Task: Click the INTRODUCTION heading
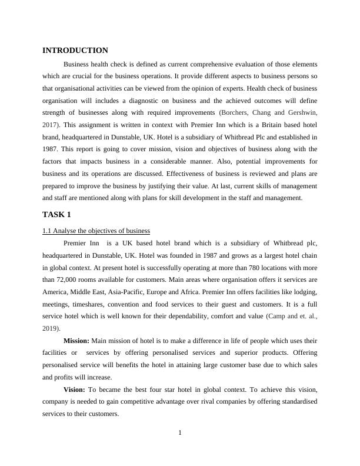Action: [75, 51]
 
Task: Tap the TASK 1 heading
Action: [56, 214]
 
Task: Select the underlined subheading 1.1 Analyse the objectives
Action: [96, 230]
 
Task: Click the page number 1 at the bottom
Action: [180, 434]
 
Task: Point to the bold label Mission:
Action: [76, 341]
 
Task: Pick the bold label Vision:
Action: [74, 390]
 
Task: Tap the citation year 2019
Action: [51, 328]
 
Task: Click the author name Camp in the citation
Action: [278, 317]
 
